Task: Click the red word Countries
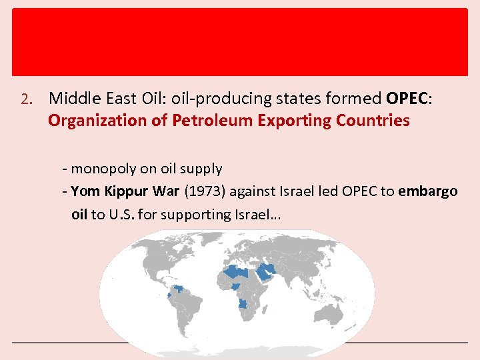[373, 121]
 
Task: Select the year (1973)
[204, 192]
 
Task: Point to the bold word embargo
[428, 192]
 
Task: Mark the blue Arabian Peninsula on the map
[267, 273]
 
